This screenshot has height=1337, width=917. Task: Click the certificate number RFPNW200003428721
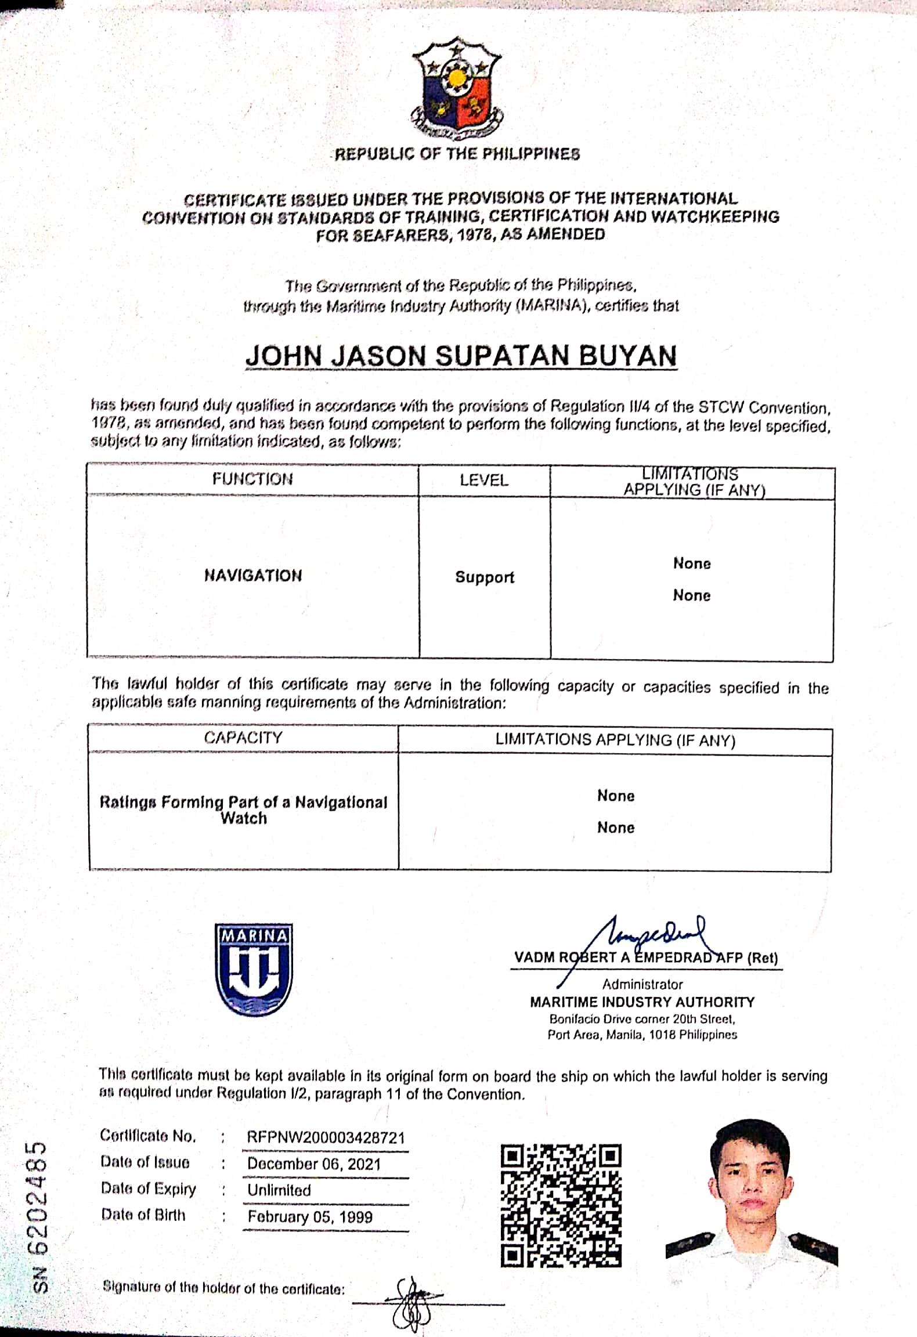coord(326,1137)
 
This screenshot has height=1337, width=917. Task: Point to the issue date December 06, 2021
coord(314,1164)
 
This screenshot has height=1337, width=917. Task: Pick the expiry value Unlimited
coord(279,1190)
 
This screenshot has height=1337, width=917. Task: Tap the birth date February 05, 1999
coord(310,1217)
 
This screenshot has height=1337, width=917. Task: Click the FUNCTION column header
coord(252,479)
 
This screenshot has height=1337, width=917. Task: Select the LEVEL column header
coord(483,480)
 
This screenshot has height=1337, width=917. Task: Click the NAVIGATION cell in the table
coord(253,576)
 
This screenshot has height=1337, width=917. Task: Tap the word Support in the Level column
coord(485,577)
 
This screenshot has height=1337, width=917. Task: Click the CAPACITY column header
coord(243,738)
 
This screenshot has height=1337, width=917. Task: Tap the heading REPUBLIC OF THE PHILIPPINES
coord(457,154)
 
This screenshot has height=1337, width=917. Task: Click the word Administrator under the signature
coord(642,984)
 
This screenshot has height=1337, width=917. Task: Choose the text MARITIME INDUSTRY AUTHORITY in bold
coord(642,1002)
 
